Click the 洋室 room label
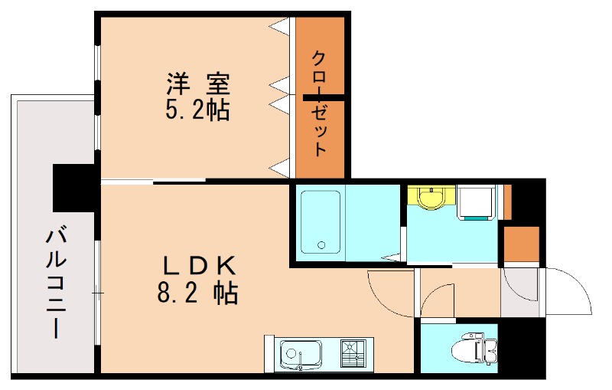[198, 82]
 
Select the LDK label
[199, 265]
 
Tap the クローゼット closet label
[321, 104]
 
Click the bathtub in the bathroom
[321, 222]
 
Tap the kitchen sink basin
[295, 355]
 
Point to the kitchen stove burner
[353, 354]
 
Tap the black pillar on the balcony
[73, 188]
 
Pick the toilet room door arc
[438, 300]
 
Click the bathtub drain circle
[321, 246]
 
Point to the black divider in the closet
[324, 97]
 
